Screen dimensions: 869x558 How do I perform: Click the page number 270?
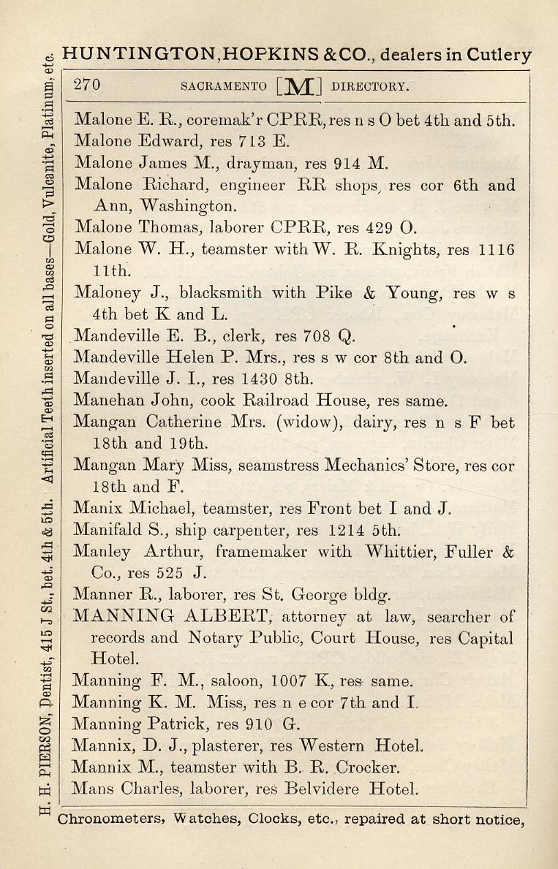coord(87,84)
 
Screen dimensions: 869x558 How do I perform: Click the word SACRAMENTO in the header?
coord(223,86)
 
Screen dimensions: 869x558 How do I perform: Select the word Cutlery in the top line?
coord(500,55)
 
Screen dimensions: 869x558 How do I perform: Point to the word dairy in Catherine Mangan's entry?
coord(381,422)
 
